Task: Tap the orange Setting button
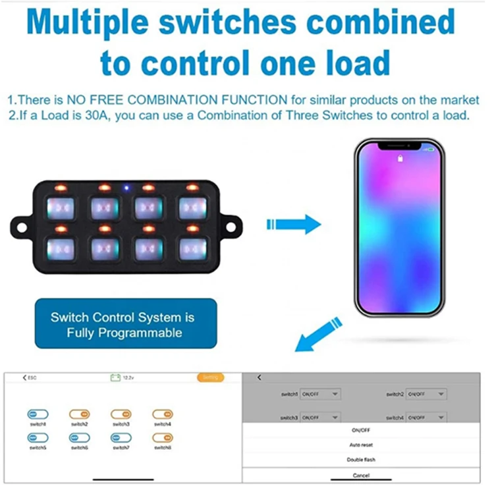tap(210, 377)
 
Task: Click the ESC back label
tap(30, 377)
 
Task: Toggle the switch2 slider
tap(78, 414)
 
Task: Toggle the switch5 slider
tap(37, 437)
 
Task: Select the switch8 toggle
tap(162, 437)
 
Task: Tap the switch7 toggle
tap(121, 437)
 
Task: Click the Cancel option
tap(361, 475)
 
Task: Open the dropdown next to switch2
tap(426, 394)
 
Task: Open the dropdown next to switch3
tap(320, 418)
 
